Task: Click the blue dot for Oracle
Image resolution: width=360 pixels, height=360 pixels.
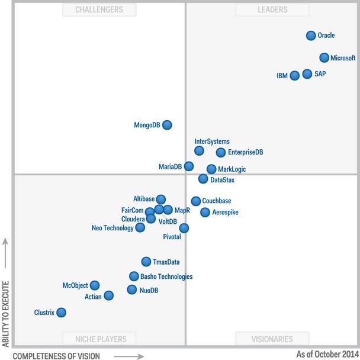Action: tap(311, 36)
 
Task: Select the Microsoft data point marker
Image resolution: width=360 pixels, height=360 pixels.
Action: tap(324, 57)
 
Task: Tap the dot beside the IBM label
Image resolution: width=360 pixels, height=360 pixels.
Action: tap(295, 75)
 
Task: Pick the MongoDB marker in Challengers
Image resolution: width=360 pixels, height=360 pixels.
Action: tap(167, 125)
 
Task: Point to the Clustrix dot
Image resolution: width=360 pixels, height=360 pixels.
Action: tap(61, 312)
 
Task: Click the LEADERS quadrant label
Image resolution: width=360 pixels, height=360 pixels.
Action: tap(273, 9)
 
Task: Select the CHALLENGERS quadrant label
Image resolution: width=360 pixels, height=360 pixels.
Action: tap(99, 9)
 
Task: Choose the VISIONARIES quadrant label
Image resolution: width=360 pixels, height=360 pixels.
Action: tap(273, 339)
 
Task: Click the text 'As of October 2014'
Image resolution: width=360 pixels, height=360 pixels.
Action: tap(327, 355)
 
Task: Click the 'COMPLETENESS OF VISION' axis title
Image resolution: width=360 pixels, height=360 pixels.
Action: tap(56, 356)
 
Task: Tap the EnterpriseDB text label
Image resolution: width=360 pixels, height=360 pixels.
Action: tap(245, 153)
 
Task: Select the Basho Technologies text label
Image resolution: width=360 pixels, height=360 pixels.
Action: tap(166, 277)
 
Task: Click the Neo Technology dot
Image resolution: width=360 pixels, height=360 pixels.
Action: tap(140, 227)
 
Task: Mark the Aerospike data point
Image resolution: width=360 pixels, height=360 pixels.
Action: tap(205, 212)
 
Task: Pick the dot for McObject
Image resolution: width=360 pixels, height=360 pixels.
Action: tap(95, 285)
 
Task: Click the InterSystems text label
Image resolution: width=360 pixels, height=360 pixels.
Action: tap(212, 142)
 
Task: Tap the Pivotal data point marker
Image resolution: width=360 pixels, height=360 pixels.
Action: tap(184, 228)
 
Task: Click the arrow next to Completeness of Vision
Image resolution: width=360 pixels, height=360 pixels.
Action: tap(128, 356)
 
